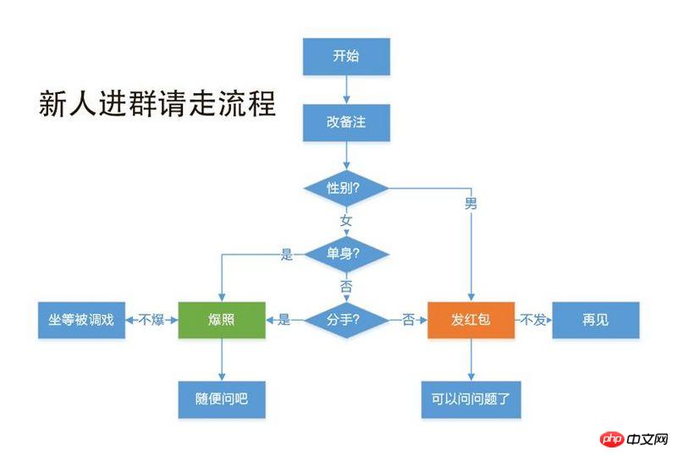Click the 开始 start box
point(346,57)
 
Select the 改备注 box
point(346,122)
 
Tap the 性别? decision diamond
point(346,188)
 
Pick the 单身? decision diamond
point(346,254)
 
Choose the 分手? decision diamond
point(346,320)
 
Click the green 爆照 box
point(222,320)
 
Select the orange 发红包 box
point(471,320)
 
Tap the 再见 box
point(595,320)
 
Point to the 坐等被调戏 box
point(80,320)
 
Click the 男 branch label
point(471,204)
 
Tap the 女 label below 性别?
point(346,221)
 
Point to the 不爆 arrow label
point(151,320)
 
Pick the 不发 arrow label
point(532,320)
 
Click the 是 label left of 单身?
point(286,254)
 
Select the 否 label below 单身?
point(346,287)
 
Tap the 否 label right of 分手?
point(409,320)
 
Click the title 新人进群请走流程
point(157,105)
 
